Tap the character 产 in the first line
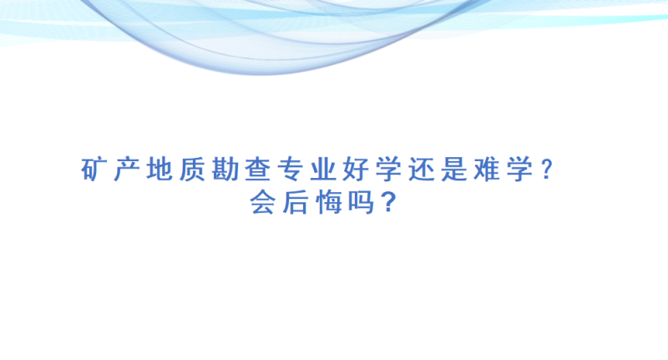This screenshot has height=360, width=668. point(126,170)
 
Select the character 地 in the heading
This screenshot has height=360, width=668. point(159,170)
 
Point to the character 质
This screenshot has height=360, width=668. point(192,170)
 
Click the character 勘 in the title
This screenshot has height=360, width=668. point(225,170)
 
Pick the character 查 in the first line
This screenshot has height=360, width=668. point(258,170)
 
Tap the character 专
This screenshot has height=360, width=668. point(290,170)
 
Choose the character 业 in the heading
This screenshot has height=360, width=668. point(323,170)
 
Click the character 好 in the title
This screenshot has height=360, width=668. point(356,170)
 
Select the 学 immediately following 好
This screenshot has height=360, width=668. point(388,170)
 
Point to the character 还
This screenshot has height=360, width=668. point(422,170)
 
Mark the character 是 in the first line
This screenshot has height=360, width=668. point(454,170)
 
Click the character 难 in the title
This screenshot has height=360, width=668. point(487,170)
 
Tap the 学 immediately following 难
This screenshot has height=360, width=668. point(519,170)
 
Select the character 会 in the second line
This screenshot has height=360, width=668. point(262,202)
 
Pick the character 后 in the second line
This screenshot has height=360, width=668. point(295,202)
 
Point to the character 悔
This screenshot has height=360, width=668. point(328,202)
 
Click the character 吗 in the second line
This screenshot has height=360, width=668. point(361,202)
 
